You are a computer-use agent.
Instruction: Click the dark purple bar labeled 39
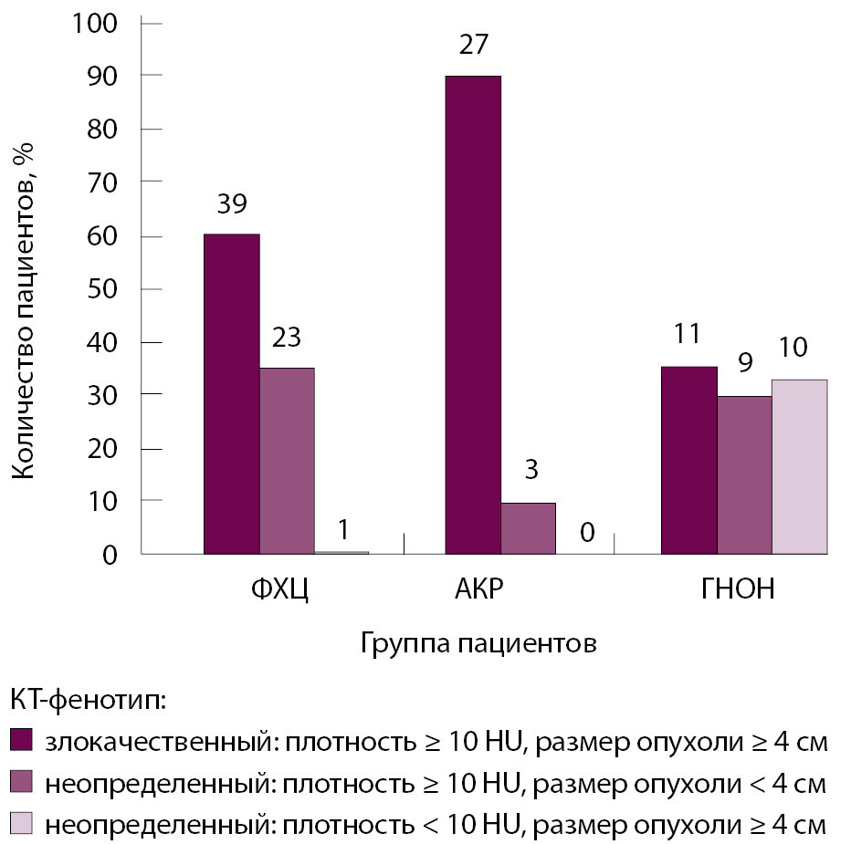click(x=231, y=393)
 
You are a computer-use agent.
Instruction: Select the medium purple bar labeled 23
click(x=287, y=461)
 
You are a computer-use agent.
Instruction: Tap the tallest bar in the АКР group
click(x=473, y=315)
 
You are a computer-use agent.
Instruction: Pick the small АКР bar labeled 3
click(x=528, y=528)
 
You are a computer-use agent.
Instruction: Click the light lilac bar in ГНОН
click(x=800, y=466)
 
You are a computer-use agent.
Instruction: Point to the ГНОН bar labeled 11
click(x=688, y=460)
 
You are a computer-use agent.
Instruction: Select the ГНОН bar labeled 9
click(x=744, y=474)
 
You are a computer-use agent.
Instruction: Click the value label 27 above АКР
click(x=474, y=45)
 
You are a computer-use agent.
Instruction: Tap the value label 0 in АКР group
click(x=586, y=531)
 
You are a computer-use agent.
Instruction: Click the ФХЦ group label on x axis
click(x=278, y=589)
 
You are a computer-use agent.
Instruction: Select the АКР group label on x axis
click(x=478, y=589)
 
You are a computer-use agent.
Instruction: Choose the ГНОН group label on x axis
click(x=738, y=589)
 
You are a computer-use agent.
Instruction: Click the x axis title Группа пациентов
click(x=478, y=643)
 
